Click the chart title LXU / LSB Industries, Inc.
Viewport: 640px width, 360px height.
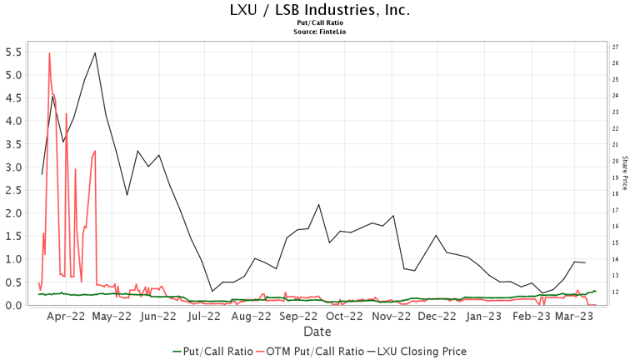coord(320,11)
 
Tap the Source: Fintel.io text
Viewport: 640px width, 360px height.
coord(320,32)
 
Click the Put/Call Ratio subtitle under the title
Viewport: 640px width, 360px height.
coord(320,23)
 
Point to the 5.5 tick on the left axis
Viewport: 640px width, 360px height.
coord(14,52)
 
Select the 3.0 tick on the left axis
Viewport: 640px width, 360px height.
coord(14,167)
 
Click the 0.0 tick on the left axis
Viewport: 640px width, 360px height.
coord(14,305)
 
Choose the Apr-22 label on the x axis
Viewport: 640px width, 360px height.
coord(66,317)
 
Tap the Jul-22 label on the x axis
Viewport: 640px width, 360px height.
coord(205,317)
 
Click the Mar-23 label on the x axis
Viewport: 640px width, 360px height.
coord(573,317)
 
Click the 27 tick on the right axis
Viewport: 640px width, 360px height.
coord(615,47)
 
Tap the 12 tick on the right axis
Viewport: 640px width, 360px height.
coord(615,292)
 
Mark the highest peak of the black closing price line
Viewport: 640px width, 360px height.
coord(95,53)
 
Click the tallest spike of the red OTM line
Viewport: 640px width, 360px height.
coord(49,53)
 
